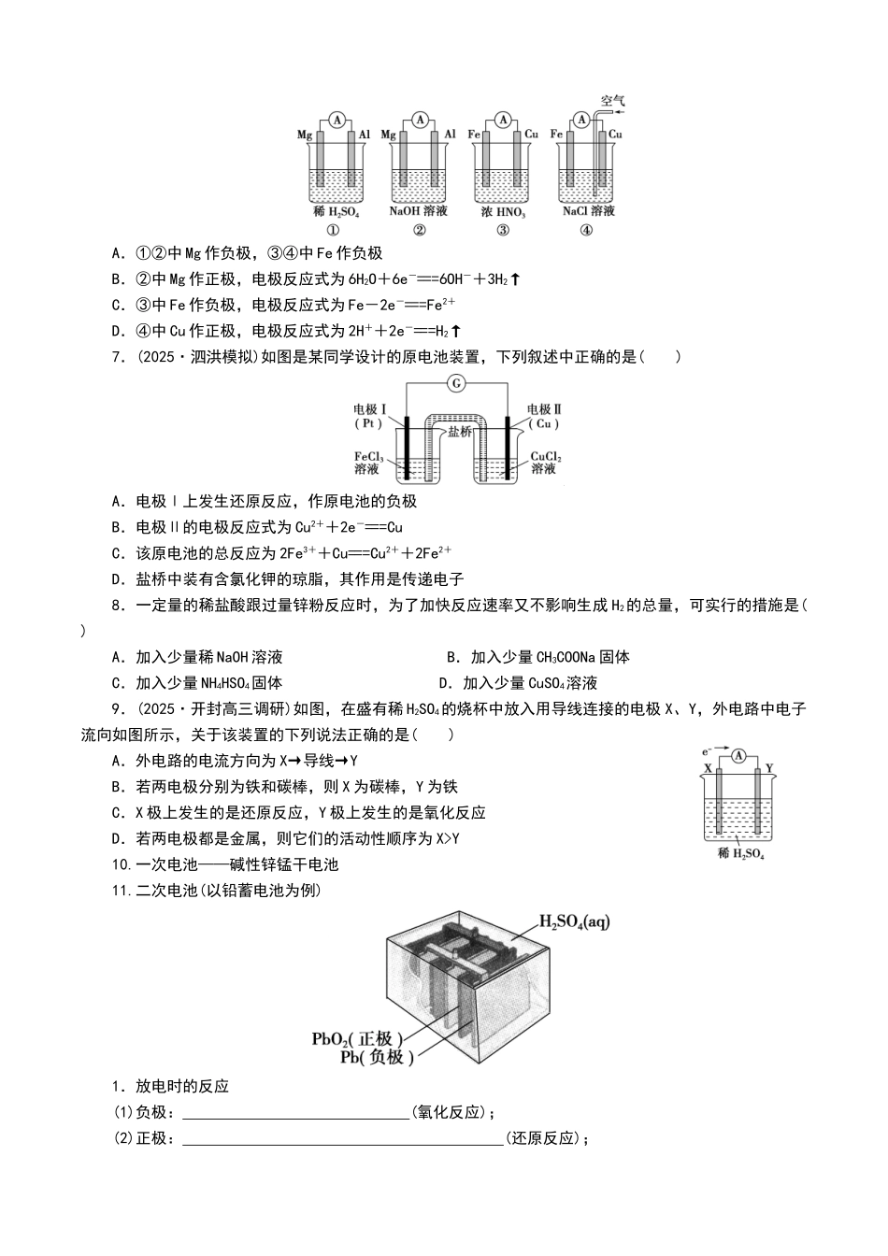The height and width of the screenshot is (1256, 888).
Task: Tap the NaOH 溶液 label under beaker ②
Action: [419, 211]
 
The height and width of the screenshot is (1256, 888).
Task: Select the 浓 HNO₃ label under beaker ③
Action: [503, 212]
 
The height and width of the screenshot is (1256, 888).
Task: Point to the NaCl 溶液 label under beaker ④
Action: [589, 211]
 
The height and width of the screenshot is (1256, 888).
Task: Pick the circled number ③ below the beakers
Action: [503, 231]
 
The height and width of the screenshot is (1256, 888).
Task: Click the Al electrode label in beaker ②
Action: [450, 135]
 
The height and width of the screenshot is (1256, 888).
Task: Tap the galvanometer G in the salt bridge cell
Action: [456, 382]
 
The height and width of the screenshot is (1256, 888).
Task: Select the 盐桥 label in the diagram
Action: [459, 431]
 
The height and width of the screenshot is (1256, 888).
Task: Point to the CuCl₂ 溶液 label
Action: [545, 463]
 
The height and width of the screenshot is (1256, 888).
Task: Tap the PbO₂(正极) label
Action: [357, 1039]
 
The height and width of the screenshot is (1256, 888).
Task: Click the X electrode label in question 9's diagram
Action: [708, 768]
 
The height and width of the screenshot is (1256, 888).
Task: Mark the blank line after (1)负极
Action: [295, 1113]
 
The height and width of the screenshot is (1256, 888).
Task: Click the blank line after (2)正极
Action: [342, 1139]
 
